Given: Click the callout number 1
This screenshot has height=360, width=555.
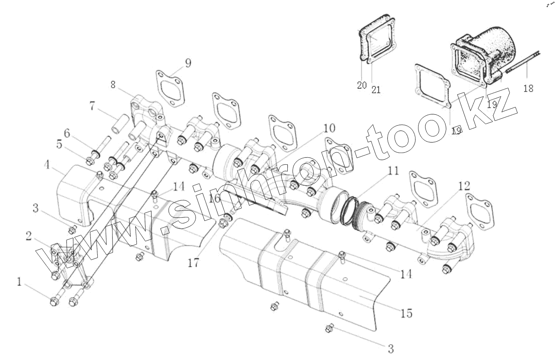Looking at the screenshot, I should [19, 282].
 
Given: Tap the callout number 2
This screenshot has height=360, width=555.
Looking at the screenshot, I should [28, 236].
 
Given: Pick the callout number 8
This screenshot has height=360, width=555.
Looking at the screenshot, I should [113, 85].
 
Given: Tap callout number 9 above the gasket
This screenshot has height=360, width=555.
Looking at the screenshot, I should [187, 63].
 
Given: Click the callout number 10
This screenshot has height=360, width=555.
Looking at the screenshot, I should [329, 128].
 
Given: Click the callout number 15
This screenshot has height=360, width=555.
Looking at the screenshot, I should [407, 313].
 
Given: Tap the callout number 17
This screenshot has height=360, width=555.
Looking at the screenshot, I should [193, 263].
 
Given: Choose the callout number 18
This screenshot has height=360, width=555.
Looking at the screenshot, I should [528, 88].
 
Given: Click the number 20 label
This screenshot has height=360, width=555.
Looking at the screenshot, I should [362, 85].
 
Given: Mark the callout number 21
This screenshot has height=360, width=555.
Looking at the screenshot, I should [376, 90].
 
